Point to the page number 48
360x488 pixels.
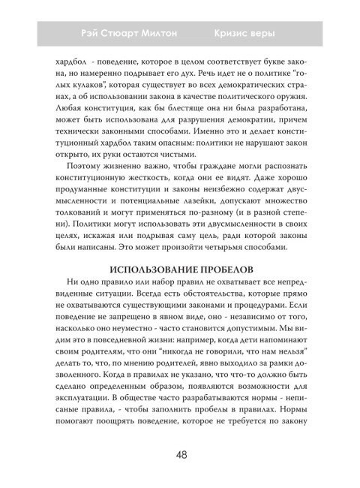tap(180, 454)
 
